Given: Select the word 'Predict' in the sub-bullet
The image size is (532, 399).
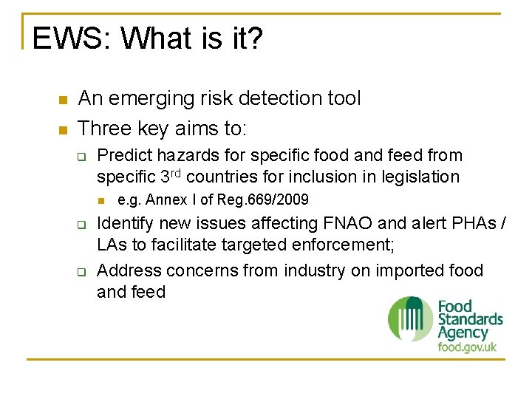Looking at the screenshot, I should (123, 156).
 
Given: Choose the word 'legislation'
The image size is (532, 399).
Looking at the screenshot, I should (420, 177).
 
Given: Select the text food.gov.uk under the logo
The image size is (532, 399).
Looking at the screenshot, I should (467, 347).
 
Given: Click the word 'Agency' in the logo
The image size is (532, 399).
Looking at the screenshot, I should (463, 333).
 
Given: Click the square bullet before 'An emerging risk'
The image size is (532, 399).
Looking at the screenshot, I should (63, 100).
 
